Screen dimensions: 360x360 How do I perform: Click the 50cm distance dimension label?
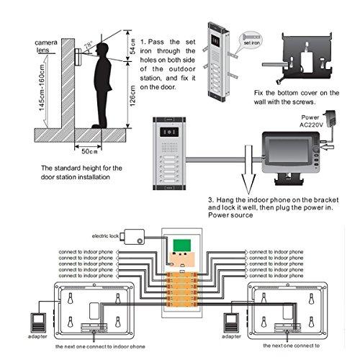click(89, 152)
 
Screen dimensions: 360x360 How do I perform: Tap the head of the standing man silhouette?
click(104, 52)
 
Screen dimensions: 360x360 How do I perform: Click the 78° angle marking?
click(87, 45)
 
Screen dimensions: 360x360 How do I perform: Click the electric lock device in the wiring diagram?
click(133, 235)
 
